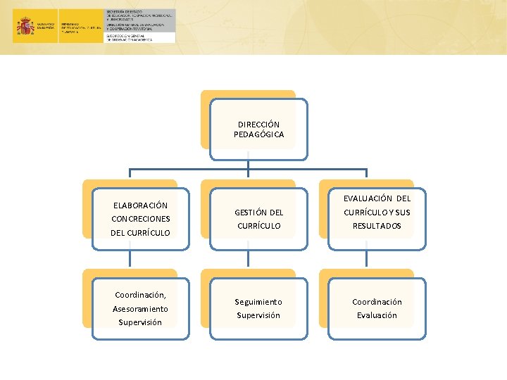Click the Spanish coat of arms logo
(26, 27)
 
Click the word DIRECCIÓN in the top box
(258, 125)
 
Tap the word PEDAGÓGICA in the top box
(258, 134)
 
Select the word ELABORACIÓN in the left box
(141, 205)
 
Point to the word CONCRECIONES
(141, 219)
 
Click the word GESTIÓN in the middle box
(251, 213)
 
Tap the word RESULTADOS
(377, 226)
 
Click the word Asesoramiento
(141, 309)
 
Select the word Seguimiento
(258, 302)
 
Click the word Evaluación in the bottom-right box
(377, 315)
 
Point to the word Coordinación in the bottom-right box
(377, 302)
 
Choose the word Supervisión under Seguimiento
(258, 315)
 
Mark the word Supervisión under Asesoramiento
(141, 322)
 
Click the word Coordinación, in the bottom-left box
(141, 295)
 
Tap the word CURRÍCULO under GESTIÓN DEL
(258, 226)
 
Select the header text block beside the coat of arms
(140, 26)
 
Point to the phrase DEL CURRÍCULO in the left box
(141, 233)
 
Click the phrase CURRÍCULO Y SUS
(377, 213)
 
